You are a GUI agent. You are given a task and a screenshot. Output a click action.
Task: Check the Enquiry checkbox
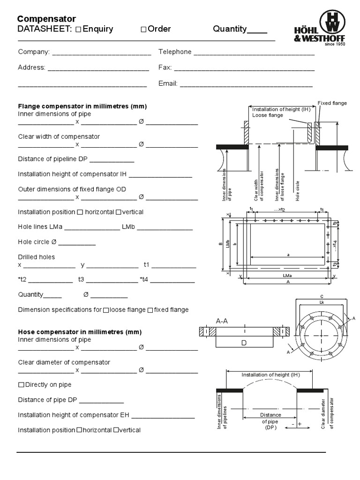(x=78, y=30)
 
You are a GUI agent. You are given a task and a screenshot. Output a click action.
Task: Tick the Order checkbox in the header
(x=143, y=30)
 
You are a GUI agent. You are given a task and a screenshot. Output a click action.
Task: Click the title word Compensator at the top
(x=46, y=19)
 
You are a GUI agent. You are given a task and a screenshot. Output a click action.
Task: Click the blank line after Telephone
(x=254, y=53)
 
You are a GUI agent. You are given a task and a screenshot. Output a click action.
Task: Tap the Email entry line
(x=246, y=85)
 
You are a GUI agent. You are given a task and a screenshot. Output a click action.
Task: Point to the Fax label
(x=165, y=67)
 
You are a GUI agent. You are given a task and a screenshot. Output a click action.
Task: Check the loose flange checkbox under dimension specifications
(x=106, y=310)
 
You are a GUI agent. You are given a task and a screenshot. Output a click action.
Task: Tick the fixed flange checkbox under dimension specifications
(x=150, y=310)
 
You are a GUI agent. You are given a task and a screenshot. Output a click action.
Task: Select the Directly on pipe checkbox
(x=21, y=385)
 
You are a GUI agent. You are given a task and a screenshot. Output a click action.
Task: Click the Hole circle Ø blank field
(x=77, y=243)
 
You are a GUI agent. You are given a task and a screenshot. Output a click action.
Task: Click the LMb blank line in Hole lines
(x=165, y=228)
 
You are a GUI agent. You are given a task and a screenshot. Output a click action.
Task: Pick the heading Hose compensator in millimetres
(x=80, y=332)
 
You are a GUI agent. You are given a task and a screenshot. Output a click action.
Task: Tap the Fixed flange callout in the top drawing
(x=332, y=103)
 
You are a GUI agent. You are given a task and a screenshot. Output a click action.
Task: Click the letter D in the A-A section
(x=244, y=343)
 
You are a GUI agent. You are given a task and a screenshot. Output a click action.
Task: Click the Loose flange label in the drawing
(x=267, y=115)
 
